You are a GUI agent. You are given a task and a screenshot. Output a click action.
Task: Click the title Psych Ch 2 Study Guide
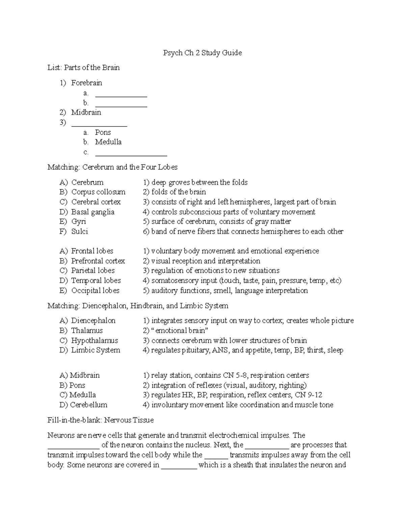pos(202,53)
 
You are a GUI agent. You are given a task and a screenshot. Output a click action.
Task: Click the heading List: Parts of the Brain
pos(83,67)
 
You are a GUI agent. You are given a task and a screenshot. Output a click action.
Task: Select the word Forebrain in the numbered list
pos(86,83)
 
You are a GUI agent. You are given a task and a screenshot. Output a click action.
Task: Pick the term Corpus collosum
pos(98,192)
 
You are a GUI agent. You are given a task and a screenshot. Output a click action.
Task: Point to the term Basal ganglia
pos(93,212)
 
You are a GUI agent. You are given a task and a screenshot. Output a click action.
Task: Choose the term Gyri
pos(79,222)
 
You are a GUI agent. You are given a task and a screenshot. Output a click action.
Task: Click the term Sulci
pos(80,231)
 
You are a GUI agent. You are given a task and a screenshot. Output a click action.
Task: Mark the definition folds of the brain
pos(178,192)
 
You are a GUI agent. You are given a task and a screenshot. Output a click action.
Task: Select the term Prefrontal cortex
pos(98,261)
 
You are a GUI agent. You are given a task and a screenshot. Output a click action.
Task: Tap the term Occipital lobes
pos(95,291)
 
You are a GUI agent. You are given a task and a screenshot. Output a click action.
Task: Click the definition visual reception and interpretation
pos(205,261)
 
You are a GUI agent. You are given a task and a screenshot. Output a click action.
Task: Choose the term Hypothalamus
pos(94,340)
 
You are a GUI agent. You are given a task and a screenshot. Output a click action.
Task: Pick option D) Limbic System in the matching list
pos(90,350)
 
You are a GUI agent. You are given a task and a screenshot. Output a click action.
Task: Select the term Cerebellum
pos(88,405)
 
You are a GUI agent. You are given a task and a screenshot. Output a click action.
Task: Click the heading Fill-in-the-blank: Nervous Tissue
pos(101,420)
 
